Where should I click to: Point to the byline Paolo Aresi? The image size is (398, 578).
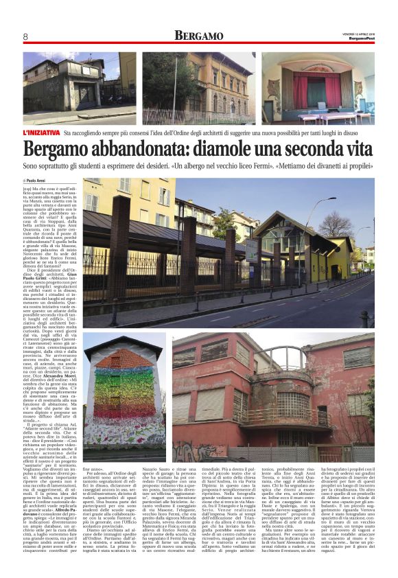39,181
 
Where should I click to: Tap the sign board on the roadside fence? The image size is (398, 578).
251,251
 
